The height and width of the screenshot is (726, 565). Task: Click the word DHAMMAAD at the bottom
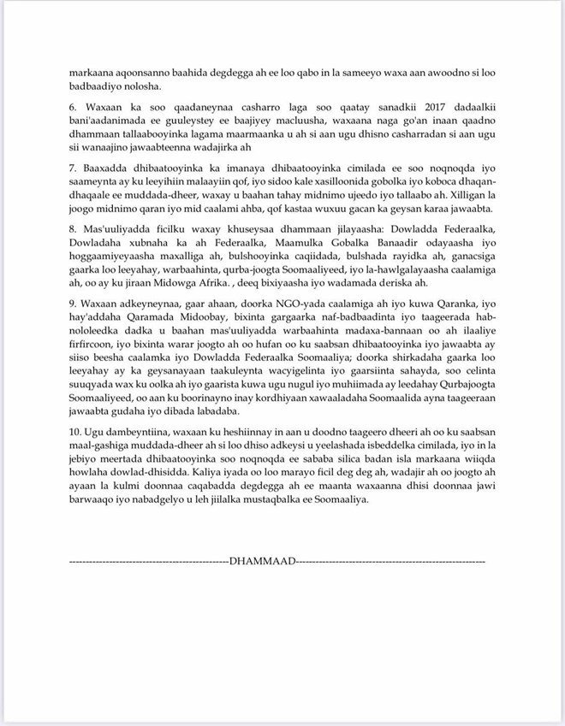tap(260, 562)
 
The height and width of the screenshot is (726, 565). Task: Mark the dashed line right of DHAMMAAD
tap(389, 562)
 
